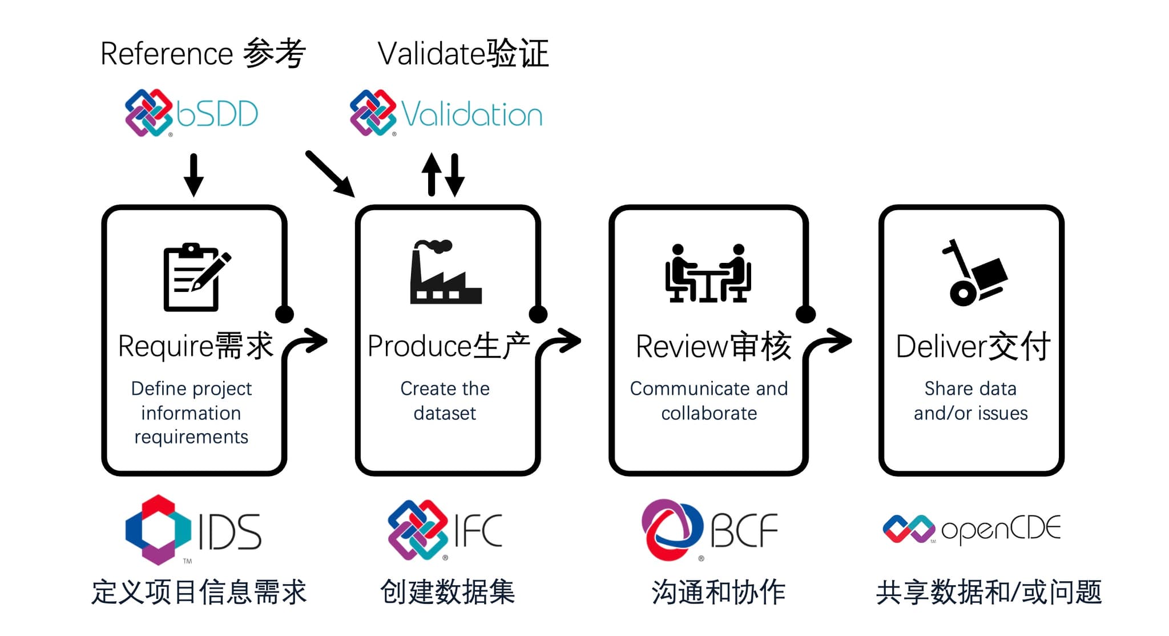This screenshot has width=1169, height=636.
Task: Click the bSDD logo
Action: point(191,113)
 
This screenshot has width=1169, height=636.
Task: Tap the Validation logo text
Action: point(471,114)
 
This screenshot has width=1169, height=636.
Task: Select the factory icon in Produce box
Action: point(445,272)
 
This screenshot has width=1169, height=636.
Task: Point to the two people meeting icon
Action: point(708,273)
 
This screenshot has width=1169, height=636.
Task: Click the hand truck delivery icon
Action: point(974,273)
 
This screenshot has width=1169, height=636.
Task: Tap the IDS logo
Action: point(193,530)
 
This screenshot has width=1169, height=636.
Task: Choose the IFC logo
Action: point(445,530)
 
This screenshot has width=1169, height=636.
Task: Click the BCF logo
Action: point(709,530)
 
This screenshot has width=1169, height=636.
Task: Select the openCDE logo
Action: point(971,529)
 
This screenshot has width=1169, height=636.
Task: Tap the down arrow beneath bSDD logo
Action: point(194,175)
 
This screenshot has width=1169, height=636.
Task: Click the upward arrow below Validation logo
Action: point(432,174)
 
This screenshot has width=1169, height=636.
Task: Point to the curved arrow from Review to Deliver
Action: point(828,343)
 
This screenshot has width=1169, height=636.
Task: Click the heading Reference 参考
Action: point(203,54)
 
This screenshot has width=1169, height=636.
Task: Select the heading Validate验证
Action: point(463,54)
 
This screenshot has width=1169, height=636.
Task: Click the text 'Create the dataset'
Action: point(445,401)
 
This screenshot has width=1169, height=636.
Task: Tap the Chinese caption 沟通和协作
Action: point(718,592)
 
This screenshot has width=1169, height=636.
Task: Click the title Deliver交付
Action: point(973,346)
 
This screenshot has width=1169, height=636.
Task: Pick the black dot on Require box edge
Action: point(284,314)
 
